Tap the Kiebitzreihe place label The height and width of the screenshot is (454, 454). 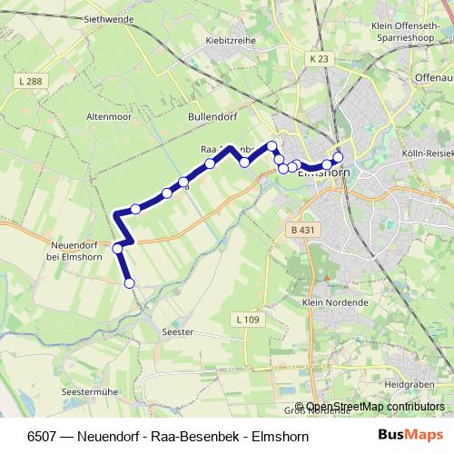click(230, 41)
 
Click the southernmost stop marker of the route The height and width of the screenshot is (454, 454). click(129, 283)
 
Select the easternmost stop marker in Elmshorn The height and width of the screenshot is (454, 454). click(338, 156)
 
